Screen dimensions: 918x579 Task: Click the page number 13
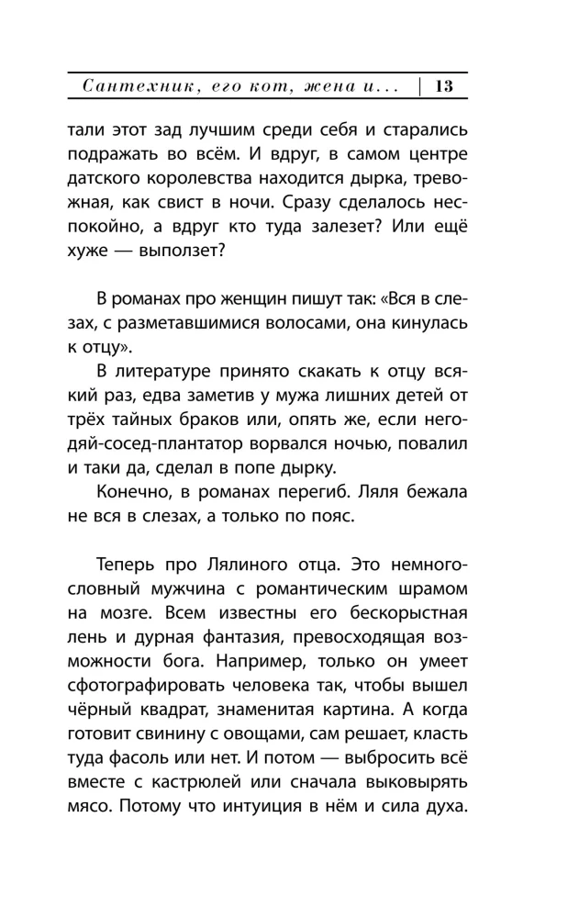coord(444,87)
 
